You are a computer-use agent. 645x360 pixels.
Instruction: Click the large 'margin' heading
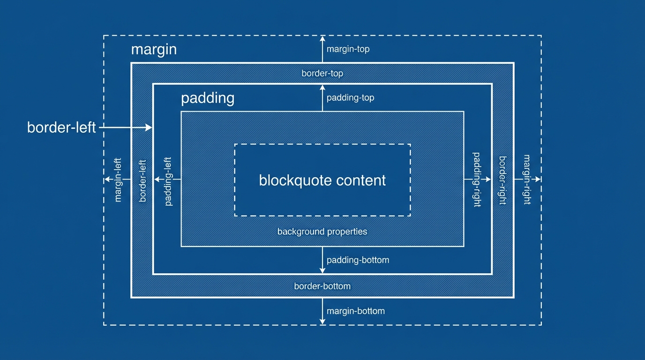pyautogui.click(x=154, y=50)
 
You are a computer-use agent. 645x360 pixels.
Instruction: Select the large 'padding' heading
pyautogui.click(x=208, y=98)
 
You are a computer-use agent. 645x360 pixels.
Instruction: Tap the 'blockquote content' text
pyautogui.click(x=322, y=180)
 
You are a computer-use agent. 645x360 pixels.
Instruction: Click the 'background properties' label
pyautogui.click(x=322, y=232)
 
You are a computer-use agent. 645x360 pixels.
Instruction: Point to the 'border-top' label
pyautogui.click(x=322, y=74)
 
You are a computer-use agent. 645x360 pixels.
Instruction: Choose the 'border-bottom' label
pyautogui.click(x=322, y=286)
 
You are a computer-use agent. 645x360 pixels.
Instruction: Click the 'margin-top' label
pyautogui.click(x=348, y=49)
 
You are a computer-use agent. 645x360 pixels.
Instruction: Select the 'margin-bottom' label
pyautogui.click(x=355, y=311)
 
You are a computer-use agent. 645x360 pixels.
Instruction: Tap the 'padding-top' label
pyautogui.click(x=350, y=98)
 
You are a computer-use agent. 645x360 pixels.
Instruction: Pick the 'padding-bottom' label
pyautogui.click(x=358, y=260)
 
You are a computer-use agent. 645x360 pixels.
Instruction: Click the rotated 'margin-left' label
pyautogui.click(x=118, y=180)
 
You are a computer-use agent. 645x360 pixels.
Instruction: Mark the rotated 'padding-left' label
pyautogui.click(x=169, y=181)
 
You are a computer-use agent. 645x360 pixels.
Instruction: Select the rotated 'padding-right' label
pyautogui.click(x=477, y=180)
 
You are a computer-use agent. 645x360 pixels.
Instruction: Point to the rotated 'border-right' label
pyautogui.click(x=502, y=180)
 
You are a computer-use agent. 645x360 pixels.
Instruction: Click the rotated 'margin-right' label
pyautogui.click(x=527, y=180)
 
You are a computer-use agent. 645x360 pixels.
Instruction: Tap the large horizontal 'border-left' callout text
pyautogui.click(x=61, y=127)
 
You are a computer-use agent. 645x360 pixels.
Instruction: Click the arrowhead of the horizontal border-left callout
pyautogui.click(x=150, y=127)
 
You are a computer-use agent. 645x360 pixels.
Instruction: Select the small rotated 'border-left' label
pyautogui.click(x=143, y=180)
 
